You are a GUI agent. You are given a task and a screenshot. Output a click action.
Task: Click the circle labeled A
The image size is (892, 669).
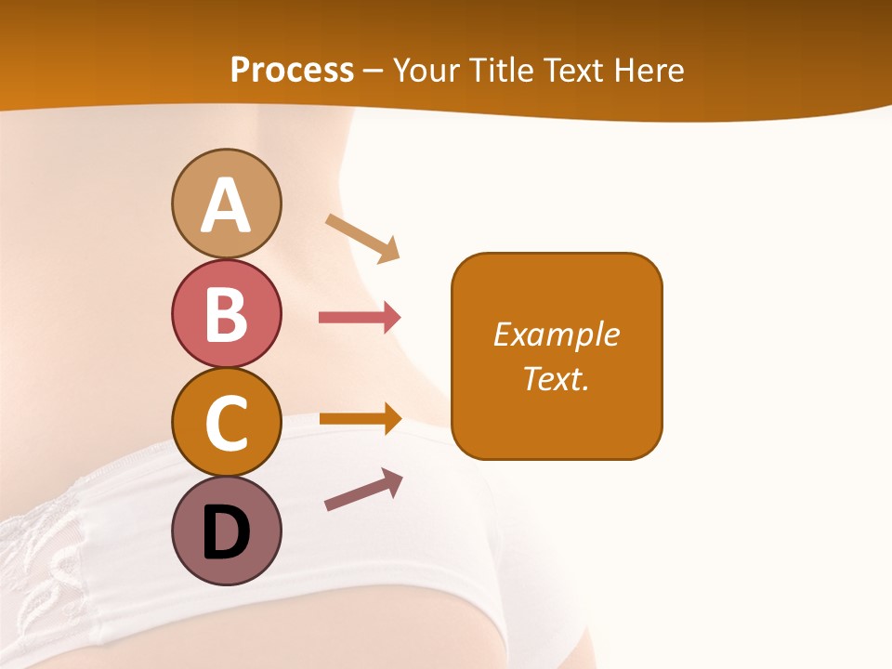(226, 203)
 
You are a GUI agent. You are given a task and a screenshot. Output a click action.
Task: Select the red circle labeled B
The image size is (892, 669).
(226, 313)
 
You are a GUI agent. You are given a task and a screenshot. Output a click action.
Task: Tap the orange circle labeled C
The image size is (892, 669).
(226, 422)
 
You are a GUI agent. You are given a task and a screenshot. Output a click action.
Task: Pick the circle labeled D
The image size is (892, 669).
(226, 531)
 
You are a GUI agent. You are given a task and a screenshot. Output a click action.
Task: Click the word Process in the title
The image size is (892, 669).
(292, 70)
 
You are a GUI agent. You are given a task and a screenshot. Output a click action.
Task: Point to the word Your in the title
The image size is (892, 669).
(427, 70)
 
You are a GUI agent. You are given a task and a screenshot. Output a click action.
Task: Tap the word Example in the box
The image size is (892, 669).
(557, 334)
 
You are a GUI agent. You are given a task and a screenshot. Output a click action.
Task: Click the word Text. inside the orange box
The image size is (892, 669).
(557, 378)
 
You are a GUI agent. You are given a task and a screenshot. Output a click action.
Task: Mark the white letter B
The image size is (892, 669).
(226, 314)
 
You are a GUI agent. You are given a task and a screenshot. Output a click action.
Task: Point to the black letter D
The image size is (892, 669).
(226, 532)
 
